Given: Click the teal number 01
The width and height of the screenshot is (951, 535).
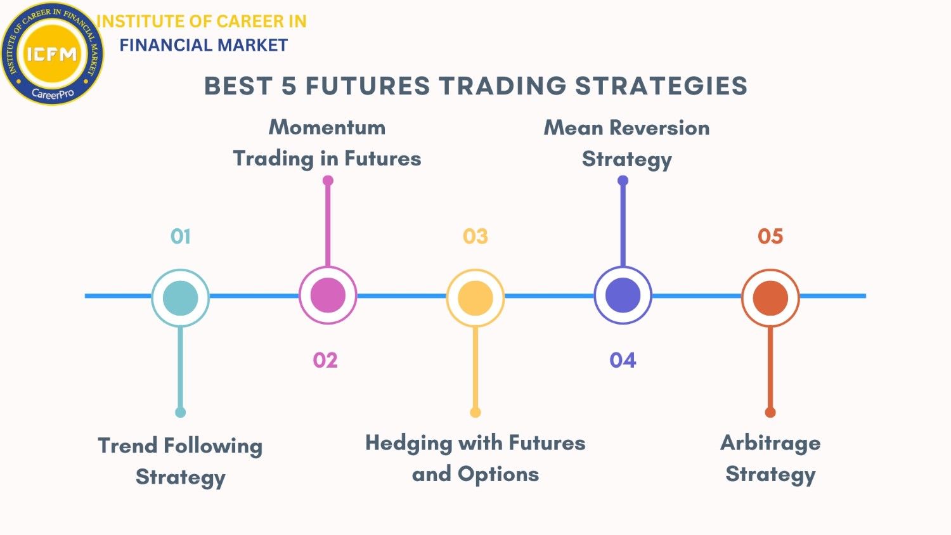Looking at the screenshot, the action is tap(181, 236).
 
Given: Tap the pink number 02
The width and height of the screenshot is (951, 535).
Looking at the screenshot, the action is tap(325, 361).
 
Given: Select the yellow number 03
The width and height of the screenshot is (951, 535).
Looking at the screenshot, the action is tap(475, 236).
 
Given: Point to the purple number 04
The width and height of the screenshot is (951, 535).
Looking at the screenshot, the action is tap(623, 361).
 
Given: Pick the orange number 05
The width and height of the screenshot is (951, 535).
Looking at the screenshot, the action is tap(770, 236).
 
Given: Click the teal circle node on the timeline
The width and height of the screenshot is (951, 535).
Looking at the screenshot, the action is tap(181, 298).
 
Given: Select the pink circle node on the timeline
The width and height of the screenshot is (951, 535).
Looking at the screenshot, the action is tap(328, 295).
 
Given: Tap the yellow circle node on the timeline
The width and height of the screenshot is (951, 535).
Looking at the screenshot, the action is tap(475, 298).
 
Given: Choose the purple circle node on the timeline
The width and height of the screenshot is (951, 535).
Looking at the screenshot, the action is tap(623, 295).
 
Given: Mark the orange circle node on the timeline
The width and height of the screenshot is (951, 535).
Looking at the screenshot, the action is tap(770, 298).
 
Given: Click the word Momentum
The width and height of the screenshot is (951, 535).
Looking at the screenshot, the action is tap(327, 127).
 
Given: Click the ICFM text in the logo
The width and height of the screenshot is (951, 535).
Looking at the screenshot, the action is tap(52, 54).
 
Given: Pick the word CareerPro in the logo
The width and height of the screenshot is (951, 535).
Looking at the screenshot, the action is tap(53, 93).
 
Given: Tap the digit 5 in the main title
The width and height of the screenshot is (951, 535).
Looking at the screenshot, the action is tap(288, 86).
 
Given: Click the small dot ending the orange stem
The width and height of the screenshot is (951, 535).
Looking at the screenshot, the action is tap(770, 412).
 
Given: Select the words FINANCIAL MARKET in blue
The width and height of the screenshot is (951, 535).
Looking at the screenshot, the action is tap(204, 45).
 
